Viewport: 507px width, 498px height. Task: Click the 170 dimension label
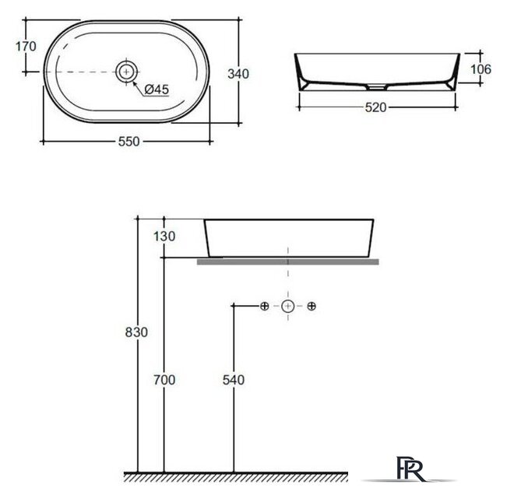click(26, 47)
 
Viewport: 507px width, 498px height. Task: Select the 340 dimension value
click(238, 74)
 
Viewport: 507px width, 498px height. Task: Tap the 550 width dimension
click(129, 142)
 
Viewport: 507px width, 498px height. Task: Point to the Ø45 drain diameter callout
click(157, 89)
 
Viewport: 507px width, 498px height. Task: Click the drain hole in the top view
click(126, 72)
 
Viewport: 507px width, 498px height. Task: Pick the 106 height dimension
click(481, 69)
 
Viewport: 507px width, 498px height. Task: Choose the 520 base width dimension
click(375, 107)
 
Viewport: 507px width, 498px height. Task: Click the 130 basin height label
click(164, 237)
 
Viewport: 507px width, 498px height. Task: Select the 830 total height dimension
click(136, 332)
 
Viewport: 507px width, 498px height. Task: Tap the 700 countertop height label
click(164, 380)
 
